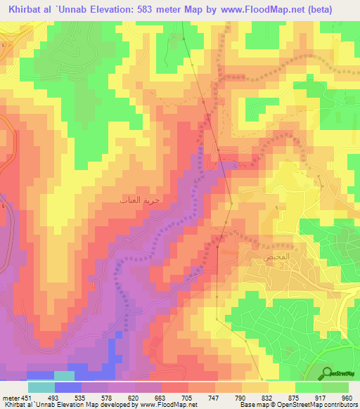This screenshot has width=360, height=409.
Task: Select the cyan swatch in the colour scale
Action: coord(41,387)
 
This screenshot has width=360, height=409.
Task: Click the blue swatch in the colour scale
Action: coord(68,387)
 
